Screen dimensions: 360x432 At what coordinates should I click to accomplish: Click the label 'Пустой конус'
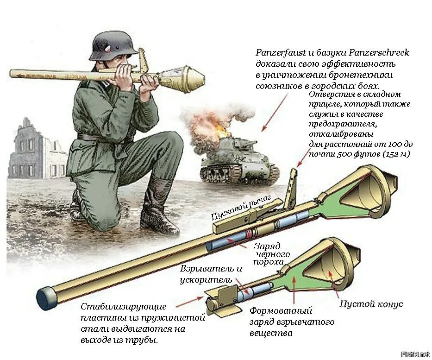click(x=371, y=304)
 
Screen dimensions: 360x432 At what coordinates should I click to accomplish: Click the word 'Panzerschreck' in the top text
click(x=376, y=53)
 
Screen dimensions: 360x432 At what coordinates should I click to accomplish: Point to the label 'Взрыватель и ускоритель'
click(x=211, y=274)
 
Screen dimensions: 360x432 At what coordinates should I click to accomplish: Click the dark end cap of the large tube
click(x=45, y=298)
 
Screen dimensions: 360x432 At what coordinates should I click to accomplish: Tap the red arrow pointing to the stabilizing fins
click(x=189, y=302)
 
